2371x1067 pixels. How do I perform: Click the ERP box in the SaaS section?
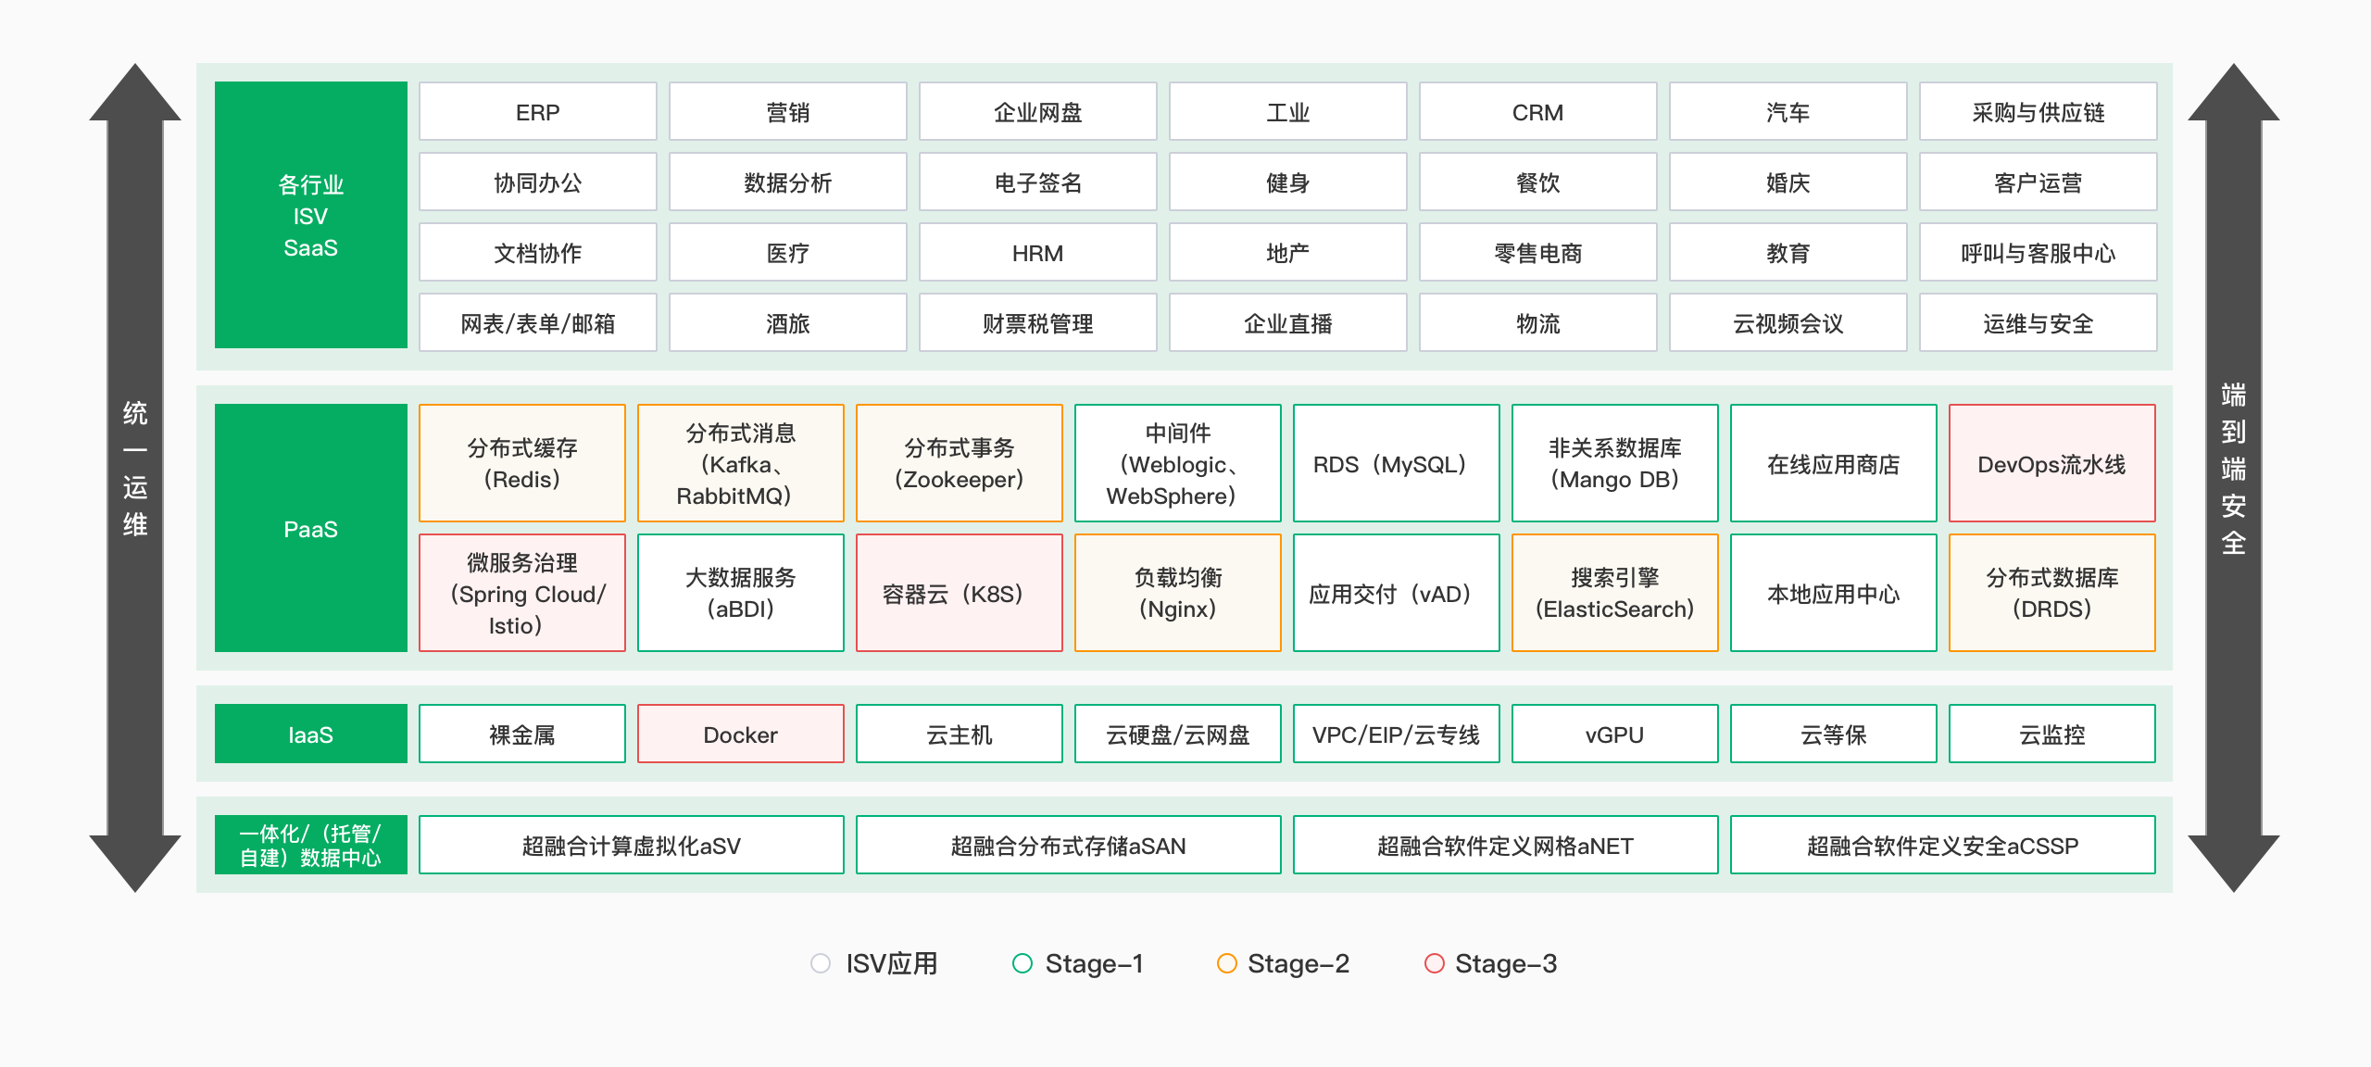[537, 112]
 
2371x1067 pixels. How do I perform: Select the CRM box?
[1537, 112]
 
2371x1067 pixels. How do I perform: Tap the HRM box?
[1037, 253]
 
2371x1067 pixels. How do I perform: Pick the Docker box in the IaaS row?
[740, 734]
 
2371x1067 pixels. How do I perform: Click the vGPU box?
[1614, 734]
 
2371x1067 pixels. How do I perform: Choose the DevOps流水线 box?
[2051, 464]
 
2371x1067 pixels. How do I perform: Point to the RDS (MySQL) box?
[1396, 464]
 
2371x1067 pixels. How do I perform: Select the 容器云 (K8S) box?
[959, 594]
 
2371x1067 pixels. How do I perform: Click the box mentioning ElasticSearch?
[1614, 594]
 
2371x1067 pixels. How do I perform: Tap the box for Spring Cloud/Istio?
[521, 594]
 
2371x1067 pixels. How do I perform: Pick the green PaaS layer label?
[310, 528]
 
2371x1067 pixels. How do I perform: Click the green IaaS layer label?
[310, 734]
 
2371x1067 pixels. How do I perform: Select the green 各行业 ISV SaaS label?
[310, 215]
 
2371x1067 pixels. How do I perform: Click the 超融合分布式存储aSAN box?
[1068, 846]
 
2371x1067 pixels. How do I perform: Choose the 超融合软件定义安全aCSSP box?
[1942, 846]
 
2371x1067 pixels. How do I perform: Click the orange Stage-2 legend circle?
[1226, 963]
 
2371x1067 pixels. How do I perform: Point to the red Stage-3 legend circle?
[1434, 963]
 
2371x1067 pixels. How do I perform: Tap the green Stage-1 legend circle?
[1022, 963]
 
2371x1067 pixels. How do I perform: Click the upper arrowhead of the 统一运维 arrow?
[135, 93]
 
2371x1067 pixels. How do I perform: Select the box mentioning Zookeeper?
[959, 464]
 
